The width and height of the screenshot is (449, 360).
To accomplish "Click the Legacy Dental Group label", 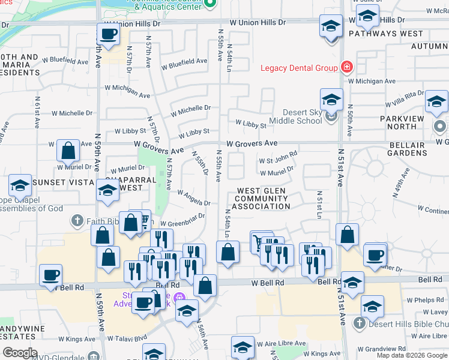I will [x=298, y=68].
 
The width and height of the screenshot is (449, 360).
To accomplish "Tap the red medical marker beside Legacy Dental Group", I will [x=346, y=67].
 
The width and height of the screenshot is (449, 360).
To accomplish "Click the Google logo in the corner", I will [x=20, y=353].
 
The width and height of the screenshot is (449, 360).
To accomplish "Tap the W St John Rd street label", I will [x=278, y=157].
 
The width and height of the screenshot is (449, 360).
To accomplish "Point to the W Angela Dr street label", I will [x=193, y=198].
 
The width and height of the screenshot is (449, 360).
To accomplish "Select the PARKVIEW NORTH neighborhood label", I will [x=406, y=122].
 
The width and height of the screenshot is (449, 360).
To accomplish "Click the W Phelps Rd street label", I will [x=427, y=300].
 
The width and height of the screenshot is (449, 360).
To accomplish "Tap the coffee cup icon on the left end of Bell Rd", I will [x=51, y=276].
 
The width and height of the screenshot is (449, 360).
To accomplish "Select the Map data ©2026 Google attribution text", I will [x=411, y=355].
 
